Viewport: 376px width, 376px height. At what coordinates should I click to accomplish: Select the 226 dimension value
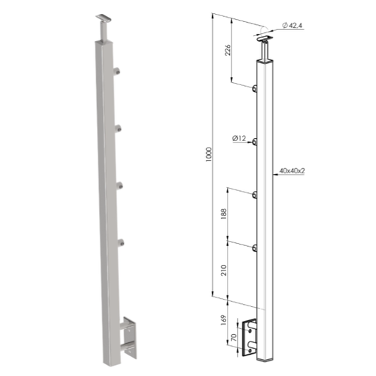[228, 50]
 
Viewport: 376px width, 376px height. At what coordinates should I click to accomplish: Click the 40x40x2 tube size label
[292, 170]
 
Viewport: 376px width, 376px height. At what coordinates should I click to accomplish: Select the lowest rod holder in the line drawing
[255, 250]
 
